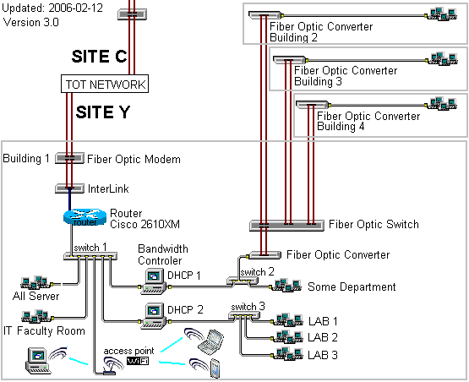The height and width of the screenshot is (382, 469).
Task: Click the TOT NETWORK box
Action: click(x=105, y=84)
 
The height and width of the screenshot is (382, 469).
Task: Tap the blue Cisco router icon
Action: click(x=85, y=217)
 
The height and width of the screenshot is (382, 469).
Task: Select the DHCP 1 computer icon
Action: click(x=155, y=281)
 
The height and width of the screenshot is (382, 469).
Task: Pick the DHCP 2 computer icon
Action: click(x=155, y=316)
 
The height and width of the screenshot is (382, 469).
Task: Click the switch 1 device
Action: click(x=90, y=256)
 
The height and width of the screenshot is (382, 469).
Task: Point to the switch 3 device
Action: click(x=244, y=315)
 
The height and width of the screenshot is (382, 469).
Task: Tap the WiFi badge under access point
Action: click(x=138, y=361)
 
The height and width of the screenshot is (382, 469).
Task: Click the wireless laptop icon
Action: click(x=211, y=340)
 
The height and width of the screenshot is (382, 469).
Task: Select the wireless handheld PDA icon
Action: click(x=215, y=368)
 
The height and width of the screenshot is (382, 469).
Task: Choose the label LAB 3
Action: click(x=323, y=355)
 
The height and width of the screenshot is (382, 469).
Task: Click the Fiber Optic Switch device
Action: click(x=286, y=226)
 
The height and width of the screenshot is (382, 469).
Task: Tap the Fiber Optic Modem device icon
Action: click(x=69, y=158)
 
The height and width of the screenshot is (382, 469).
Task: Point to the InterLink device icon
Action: click(x=69, y=188)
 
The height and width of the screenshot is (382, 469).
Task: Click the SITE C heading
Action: click(x=100, y=57)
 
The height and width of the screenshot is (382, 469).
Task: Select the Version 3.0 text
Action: click(x=31, y=23)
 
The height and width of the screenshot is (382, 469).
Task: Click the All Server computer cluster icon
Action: click(x=35, y=282)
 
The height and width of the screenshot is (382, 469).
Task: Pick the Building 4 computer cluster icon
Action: click(x=442, y=103)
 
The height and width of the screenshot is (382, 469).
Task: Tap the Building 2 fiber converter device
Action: click(x=265, y=15)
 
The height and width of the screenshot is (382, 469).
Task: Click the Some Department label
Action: click(x=352, y=286)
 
